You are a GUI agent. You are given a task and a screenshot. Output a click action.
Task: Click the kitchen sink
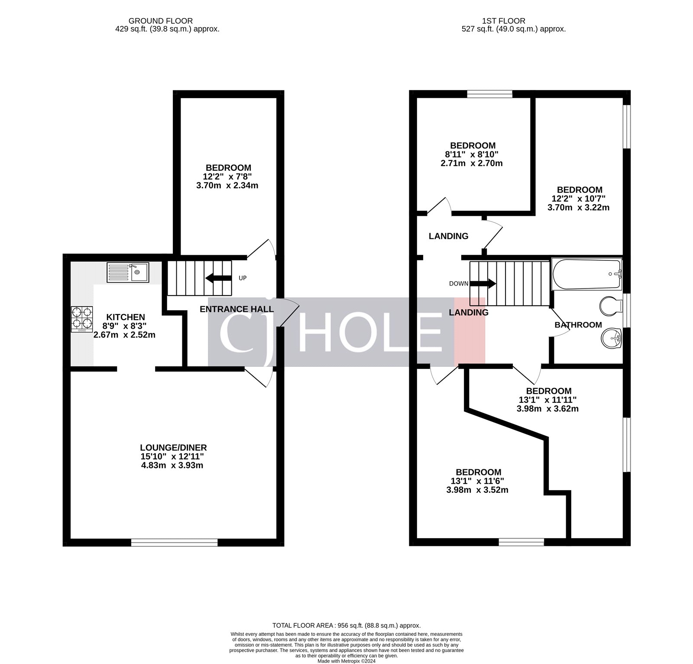click(128, 273)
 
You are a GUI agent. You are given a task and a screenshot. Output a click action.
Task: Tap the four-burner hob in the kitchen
click(82, 319)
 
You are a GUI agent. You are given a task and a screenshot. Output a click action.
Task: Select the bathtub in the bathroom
click(586, 274)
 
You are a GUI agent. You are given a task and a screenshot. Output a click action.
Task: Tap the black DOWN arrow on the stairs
click(483, 284)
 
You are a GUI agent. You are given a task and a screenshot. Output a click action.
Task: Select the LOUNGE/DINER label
click(173, 447)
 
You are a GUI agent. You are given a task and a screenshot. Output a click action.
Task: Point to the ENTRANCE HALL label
click(236, 309)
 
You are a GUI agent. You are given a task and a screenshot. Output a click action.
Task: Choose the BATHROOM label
click(578, 325)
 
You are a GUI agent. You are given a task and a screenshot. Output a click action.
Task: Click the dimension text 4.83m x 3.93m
click(172, 465)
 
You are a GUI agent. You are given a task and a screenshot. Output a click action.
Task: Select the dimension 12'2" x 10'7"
click(578, 199)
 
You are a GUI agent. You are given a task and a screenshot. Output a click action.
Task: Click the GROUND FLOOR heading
click(161, 21)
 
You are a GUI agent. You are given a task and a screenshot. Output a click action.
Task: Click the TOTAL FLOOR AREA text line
click(346, 626)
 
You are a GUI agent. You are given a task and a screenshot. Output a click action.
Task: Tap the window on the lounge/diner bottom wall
click(174, 542)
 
